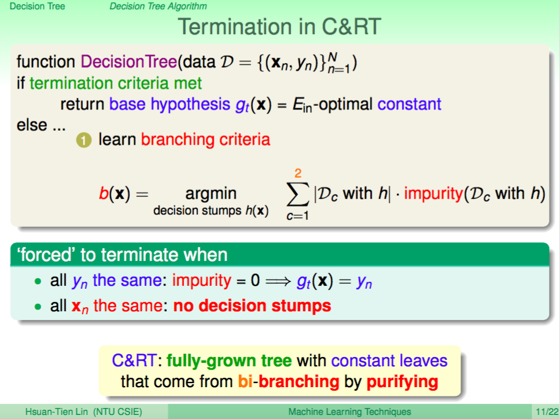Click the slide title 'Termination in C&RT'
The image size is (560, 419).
tap(279, 27)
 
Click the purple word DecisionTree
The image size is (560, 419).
tap(128, 62)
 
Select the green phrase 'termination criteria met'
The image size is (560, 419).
tap(115, 83)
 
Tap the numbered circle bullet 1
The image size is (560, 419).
tap(84, 140)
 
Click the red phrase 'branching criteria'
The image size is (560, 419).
tap(205, 139)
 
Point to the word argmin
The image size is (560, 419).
tap(211, 194)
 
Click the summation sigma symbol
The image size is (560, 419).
tap(297, 194)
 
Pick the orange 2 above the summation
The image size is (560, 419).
tap(298, 173)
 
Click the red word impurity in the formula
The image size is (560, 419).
tap(433, 194)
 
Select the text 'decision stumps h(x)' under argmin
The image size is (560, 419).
tap(211, 211)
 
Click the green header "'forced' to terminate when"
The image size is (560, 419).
tap(122, 255)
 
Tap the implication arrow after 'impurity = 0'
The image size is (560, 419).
tap(278, 281)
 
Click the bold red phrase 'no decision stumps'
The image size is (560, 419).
tap(252, 306)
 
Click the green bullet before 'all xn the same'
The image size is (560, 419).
tap(38, 307)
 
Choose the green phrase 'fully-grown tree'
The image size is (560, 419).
tap(229, 361)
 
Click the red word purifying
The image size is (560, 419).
tap(402, 382)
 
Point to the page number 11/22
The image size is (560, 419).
tap(547, 412)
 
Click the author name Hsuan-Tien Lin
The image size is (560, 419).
tap(57, 412)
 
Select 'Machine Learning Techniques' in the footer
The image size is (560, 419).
tap(349, 412)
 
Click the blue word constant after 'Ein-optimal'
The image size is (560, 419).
tap(409, 104)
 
